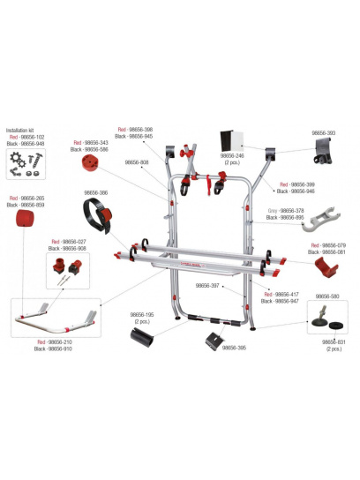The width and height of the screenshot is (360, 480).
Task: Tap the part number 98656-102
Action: (32, 136)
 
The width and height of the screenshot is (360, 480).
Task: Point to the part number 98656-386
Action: (95, 192)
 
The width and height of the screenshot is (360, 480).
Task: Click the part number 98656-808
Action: (137, 162)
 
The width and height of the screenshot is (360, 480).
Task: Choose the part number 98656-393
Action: (324, 132)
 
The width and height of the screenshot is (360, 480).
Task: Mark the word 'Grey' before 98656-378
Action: (274, 212)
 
